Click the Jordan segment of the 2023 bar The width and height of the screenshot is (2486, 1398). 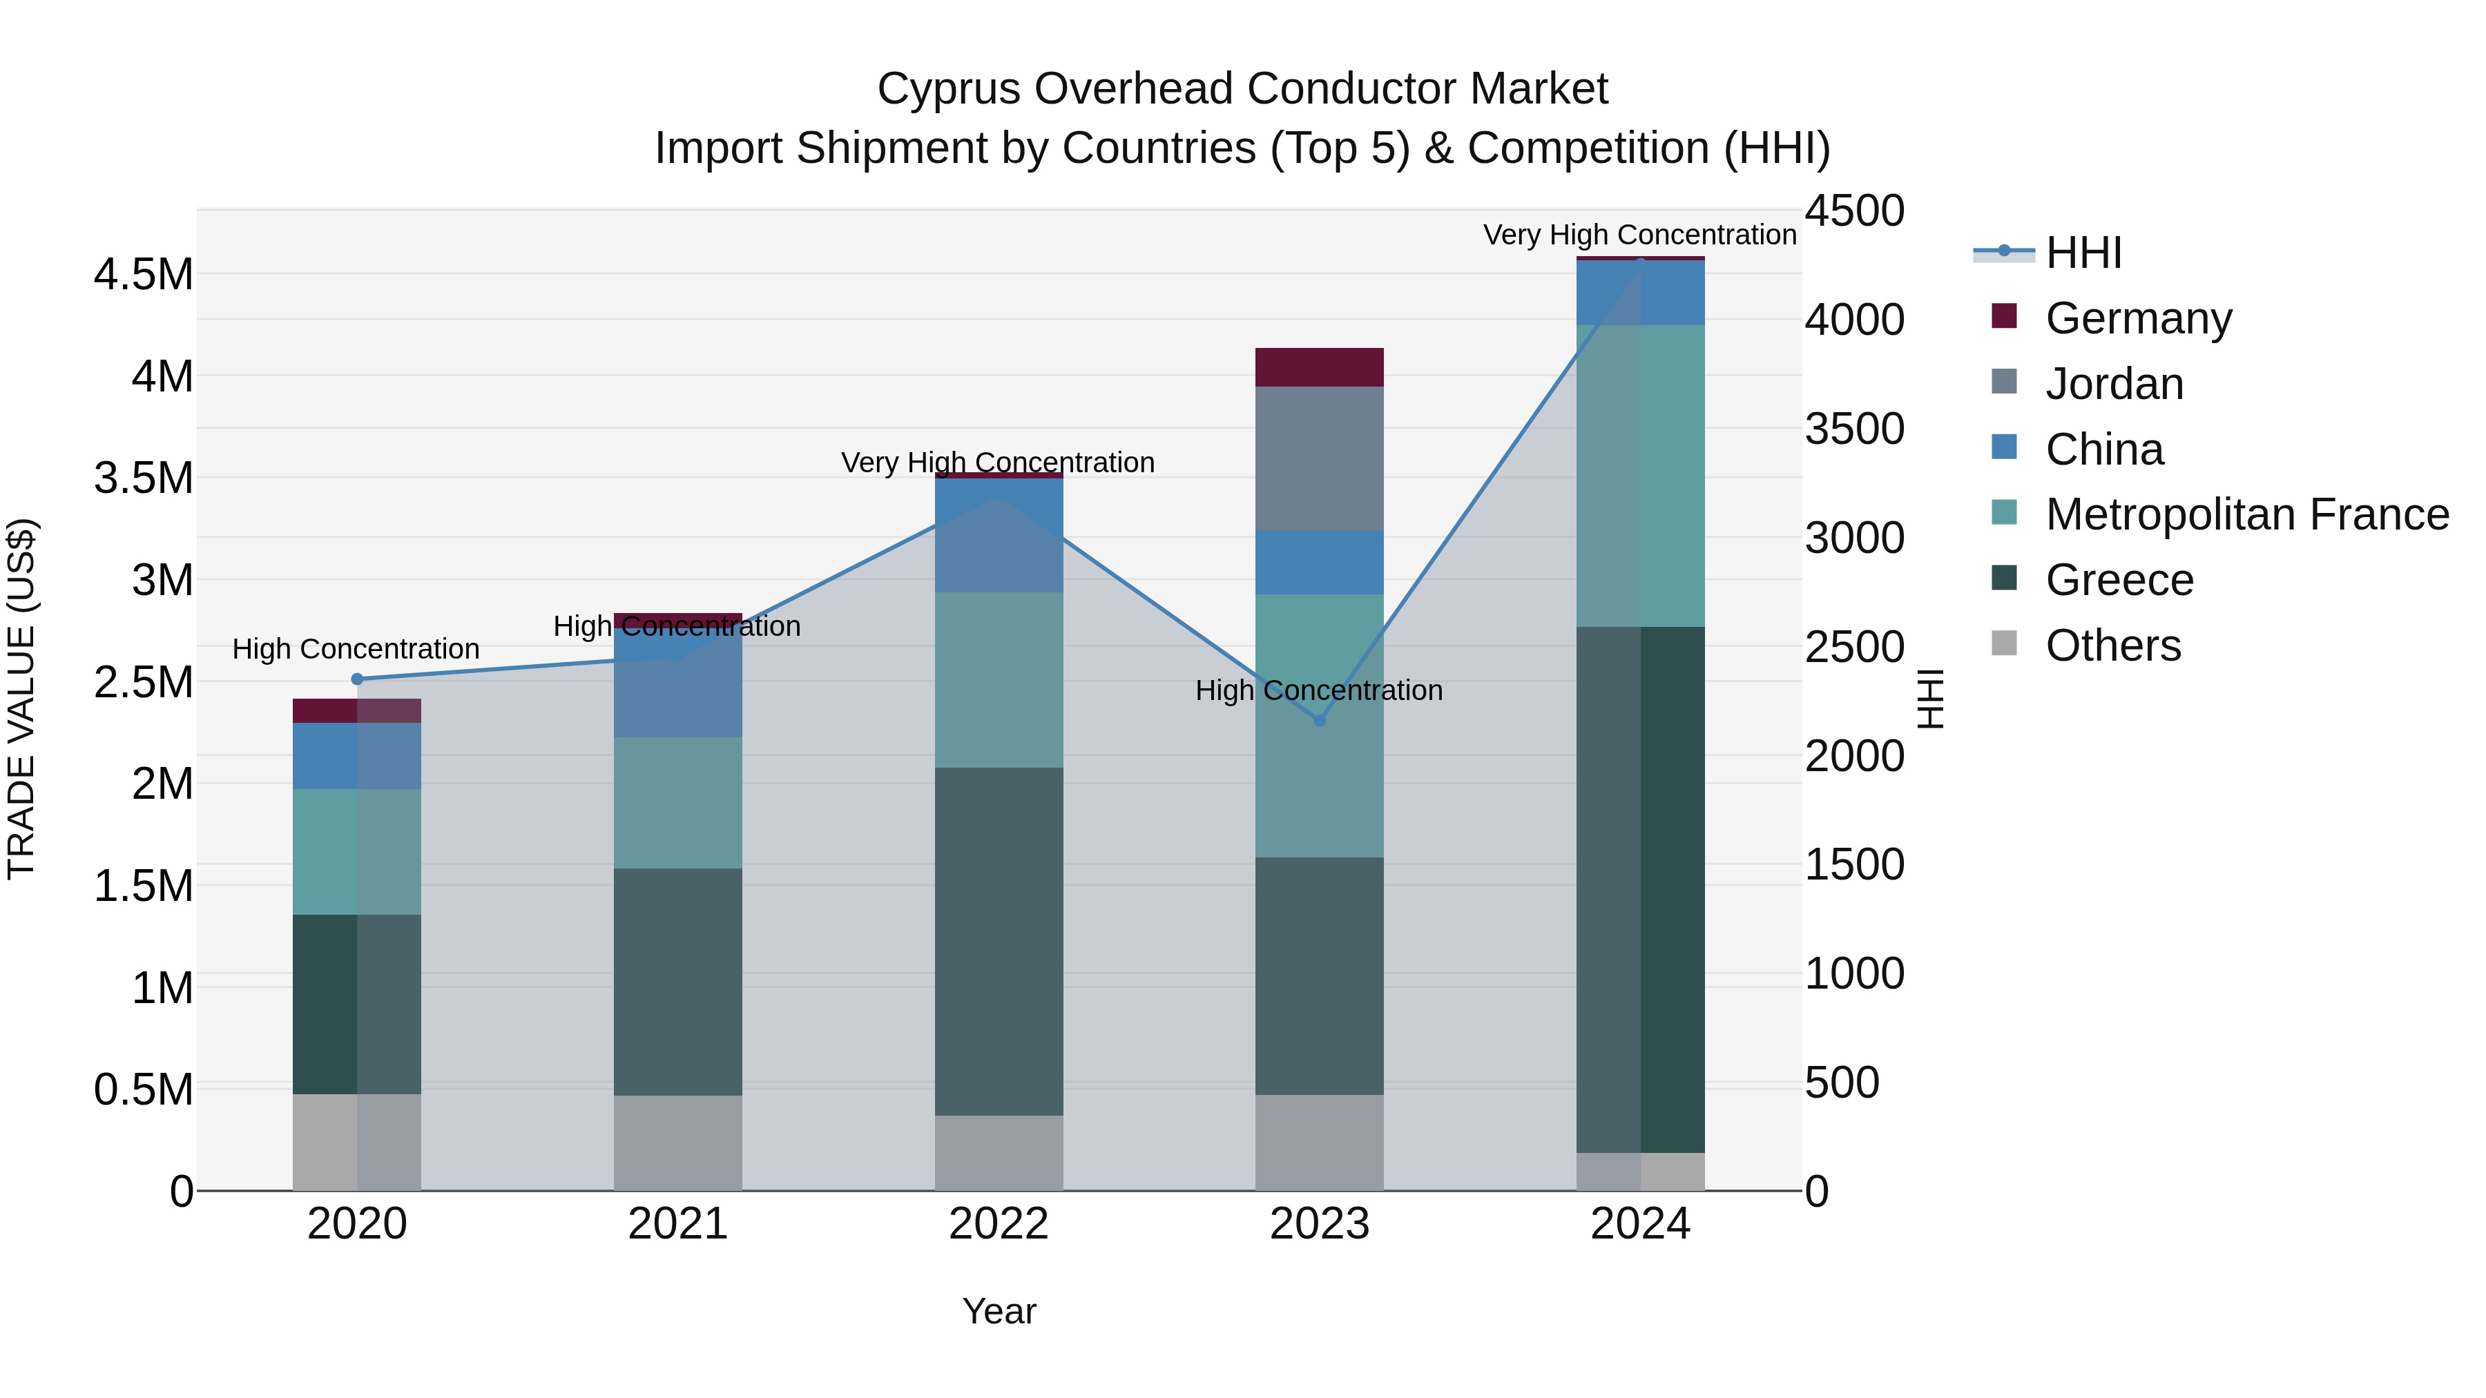click(1319, 458)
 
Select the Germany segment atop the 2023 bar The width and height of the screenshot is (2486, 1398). click(1319, 367)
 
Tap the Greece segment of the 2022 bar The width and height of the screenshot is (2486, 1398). click(999, 942)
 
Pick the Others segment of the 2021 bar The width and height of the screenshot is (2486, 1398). click(678, 1143)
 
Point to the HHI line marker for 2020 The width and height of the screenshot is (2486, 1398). click(357, 679)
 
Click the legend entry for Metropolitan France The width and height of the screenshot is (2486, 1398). click(2219, 514)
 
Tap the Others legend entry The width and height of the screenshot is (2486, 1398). click(2085, 645)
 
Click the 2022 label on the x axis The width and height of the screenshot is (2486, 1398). click(999, 1224)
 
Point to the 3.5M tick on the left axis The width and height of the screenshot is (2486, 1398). click(144, 478)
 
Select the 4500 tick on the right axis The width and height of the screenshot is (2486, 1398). click(1855, 211)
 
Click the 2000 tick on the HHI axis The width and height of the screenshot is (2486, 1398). click(1855, 757)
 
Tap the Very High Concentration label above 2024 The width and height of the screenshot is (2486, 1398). click(1639, 235)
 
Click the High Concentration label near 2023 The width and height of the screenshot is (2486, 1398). click(1319, 691)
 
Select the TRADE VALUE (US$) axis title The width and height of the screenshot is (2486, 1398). click(21, 699)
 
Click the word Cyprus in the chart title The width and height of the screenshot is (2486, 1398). click(949, 89)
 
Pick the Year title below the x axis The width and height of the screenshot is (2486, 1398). click(999, 1311)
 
